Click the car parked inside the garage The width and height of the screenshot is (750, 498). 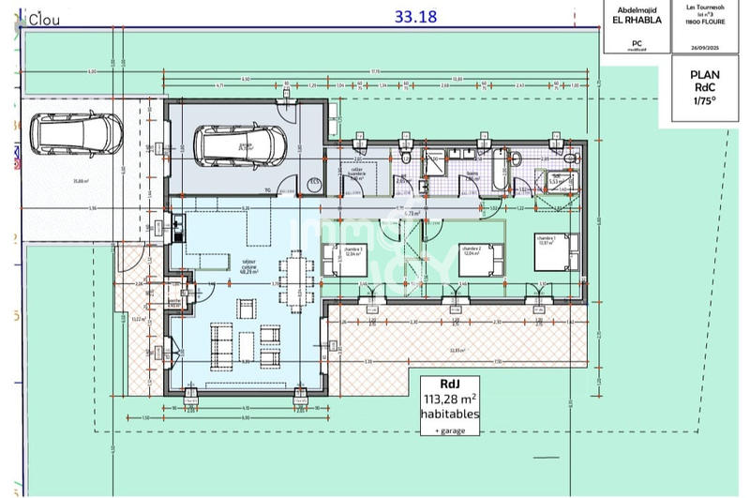240,144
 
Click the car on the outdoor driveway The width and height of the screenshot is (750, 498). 74,133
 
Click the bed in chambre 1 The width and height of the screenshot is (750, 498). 552,250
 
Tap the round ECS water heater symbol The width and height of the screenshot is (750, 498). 315,184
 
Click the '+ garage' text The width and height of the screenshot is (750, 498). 450,430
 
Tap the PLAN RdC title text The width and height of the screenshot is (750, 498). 704,82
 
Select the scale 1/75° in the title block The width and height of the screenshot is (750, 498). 704,100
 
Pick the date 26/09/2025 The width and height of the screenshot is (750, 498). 704,46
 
